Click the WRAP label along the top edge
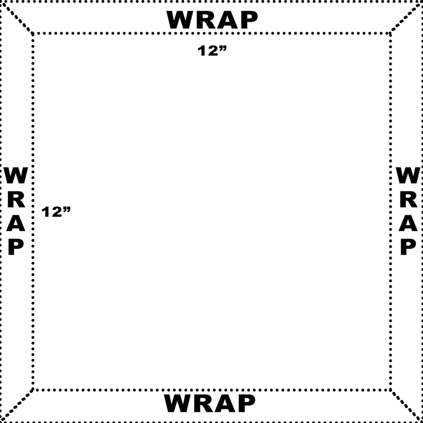click(x=212, y=20)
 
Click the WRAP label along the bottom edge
click(x=209, y=403)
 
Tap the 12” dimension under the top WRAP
click(x=212, y=51)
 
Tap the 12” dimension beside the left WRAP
click(x=56, y=212)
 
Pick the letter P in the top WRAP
click(x=248, y=20)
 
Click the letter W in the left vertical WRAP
click(x=16, y=175)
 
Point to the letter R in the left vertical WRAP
click(x=16, y=199)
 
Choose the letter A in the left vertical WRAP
click(x=16, y=224)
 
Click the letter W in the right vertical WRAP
click(x=408, y=175)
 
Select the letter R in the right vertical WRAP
click(x=408, y=199)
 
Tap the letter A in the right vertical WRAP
click(x=408, y=224)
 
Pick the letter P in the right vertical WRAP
click(x=408, y=247)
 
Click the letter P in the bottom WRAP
click(x=246, y=403)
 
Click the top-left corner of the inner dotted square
click(x=33, y=33)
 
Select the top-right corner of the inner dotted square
click(x=390, y=33)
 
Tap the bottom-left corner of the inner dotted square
click(x=33, y=390)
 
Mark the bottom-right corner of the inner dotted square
click(x=390, y=390)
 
